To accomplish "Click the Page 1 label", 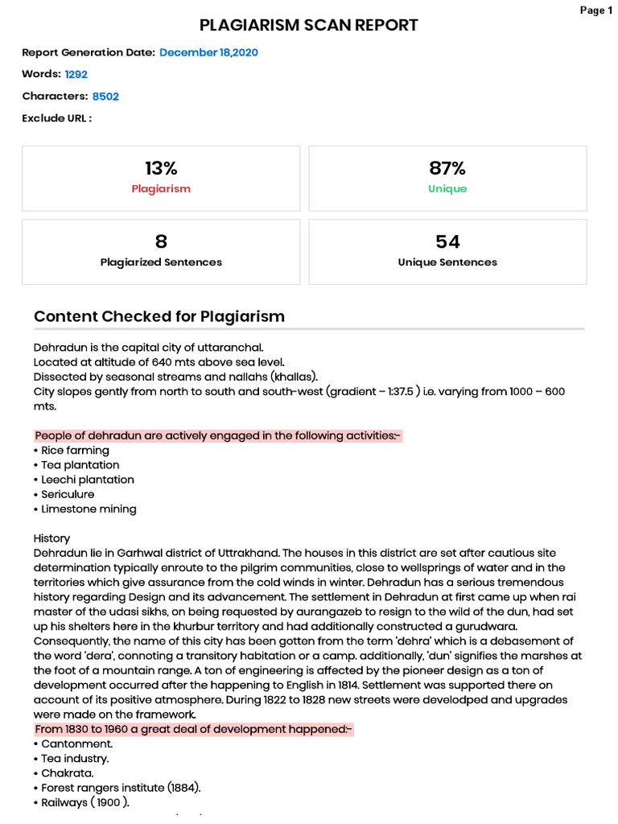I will pyautogui.click(x=596, y=10).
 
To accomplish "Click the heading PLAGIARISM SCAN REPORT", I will pyautogui.click(x=309, y=26).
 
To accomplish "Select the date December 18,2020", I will pyautogui.click(x=208, y=52).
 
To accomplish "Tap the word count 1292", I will pyautogui.click(x=76, y=74).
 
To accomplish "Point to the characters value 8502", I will pyautogui.click(x=105, y=96).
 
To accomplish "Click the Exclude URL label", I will pyautogui.click(x=56, y=118).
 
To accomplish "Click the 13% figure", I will pyautogui.click(x=161, y=168).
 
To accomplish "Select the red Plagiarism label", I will pyautogui.click(x=161, y=189).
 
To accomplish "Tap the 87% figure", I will pyautogui.click(x=447, y=168).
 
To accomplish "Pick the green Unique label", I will pyautogui.click(x=447, y=189).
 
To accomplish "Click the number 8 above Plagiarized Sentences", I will pyautogui.click(x=161, y=241).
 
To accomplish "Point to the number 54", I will pyautogui.click(x=447, y=241).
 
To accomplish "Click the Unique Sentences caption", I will pyautogui.click(x=447, y=262).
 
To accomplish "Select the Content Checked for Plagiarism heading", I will pyautogui.click(x=159, y=316).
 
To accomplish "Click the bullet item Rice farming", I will pyautogui.click(x=75, y=451).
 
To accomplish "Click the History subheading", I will pyautogui.click(x=51, y=538).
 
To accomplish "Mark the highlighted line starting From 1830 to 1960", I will pyautogui.click(x=193, y=729).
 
